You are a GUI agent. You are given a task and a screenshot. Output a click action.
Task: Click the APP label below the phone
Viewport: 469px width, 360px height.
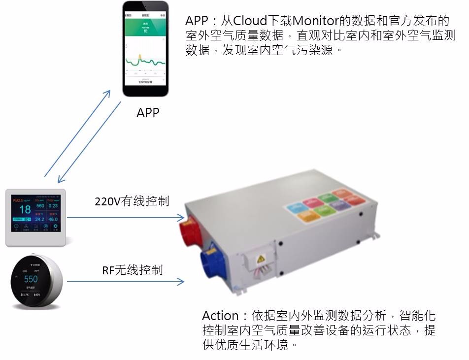coord(148,112)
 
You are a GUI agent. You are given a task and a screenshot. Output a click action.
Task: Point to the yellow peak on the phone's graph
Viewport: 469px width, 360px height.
coord(139,56)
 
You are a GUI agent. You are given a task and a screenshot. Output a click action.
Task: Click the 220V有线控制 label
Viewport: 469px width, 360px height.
coord(132,201)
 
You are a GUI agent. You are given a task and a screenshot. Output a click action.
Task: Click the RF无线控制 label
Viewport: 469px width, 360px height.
coord(132,270)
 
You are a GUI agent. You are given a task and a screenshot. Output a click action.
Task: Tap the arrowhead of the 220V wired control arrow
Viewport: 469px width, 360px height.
coord(181,217)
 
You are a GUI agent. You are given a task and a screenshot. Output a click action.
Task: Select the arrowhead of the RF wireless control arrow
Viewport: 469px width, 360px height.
coord(181,282)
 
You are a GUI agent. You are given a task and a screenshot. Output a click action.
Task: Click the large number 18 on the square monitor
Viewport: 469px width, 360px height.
coord(25,209)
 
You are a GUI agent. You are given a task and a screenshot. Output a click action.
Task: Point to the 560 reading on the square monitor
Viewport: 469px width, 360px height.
coord(40,205)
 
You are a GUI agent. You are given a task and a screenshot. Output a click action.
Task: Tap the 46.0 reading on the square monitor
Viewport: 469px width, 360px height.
coord(53,219)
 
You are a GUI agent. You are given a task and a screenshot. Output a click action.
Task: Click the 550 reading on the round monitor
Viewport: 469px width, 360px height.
coord(31,279)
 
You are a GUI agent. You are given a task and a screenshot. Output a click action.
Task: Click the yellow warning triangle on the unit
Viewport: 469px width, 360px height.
coord(262,258)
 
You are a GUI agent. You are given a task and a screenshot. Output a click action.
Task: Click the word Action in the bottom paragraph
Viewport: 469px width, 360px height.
coord(220,316)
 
